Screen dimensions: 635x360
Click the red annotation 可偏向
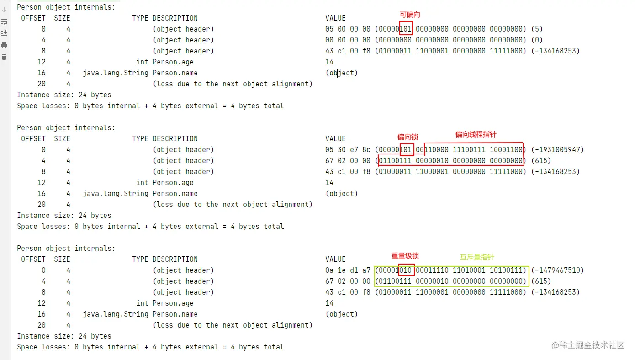[x=410, y=15]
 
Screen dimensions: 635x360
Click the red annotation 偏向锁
[x=407, y=137]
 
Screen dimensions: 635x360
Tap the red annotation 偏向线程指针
[x=476, y=134]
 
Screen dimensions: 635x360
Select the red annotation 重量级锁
[x=405, y=256]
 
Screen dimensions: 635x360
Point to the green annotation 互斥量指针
[x=477, y=257]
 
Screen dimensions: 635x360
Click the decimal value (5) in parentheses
[x=537, y=29]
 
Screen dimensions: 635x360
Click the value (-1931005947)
[x=557, y=150]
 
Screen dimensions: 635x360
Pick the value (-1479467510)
[x=557, y=270]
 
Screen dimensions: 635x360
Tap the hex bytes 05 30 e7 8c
[x=348, y=150]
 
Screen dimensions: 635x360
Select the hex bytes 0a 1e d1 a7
[x=348, y=270]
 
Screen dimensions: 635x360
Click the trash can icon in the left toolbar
[x=4, y=57]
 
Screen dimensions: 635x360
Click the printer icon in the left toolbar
[x=4, y=45]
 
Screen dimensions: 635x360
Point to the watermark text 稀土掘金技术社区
[x=592, y=345]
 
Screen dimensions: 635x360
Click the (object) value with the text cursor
[x=341, y=73]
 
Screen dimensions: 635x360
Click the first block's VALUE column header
[x=335, y=18]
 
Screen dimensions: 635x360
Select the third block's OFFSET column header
[x=33, y=259]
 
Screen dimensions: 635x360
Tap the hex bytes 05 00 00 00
[x=348, y=29]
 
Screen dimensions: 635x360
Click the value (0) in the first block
[x=537, y=40]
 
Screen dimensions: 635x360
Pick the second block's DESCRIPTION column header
[x=175, y=138]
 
